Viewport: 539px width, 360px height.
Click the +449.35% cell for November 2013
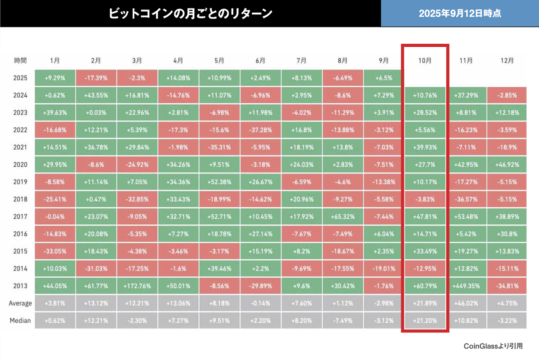[466, 286]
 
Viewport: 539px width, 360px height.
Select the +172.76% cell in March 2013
[138, 286]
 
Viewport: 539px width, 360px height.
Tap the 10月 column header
[425, 60]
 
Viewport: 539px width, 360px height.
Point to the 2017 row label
[20, 217]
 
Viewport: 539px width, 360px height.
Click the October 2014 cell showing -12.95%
[425, 269]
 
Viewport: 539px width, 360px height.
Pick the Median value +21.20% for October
[425, 320]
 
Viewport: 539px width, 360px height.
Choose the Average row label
[20, 303]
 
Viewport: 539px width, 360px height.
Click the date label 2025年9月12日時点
[460, 13]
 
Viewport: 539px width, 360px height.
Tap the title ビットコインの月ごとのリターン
[191, 13]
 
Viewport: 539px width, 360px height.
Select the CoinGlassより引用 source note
[493, 346]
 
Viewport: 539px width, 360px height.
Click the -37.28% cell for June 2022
[260, 130]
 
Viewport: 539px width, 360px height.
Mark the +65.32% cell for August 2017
[342, 217]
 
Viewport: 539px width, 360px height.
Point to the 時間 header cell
[20, 60]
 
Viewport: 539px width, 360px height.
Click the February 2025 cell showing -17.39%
[96, 78]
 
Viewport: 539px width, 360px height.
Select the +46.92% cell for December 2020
[507, 164]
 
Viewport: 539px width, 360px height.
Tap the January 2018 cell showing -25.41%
[55, 199]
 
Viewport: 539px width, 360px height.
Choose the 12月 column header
[507, 60]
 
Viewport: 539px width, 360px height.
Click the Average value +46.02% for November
[466, 303]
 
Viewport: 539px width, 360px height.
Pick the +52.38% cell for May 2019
[219, 182]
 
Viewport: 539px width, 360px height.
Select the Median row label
[20, 320]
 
